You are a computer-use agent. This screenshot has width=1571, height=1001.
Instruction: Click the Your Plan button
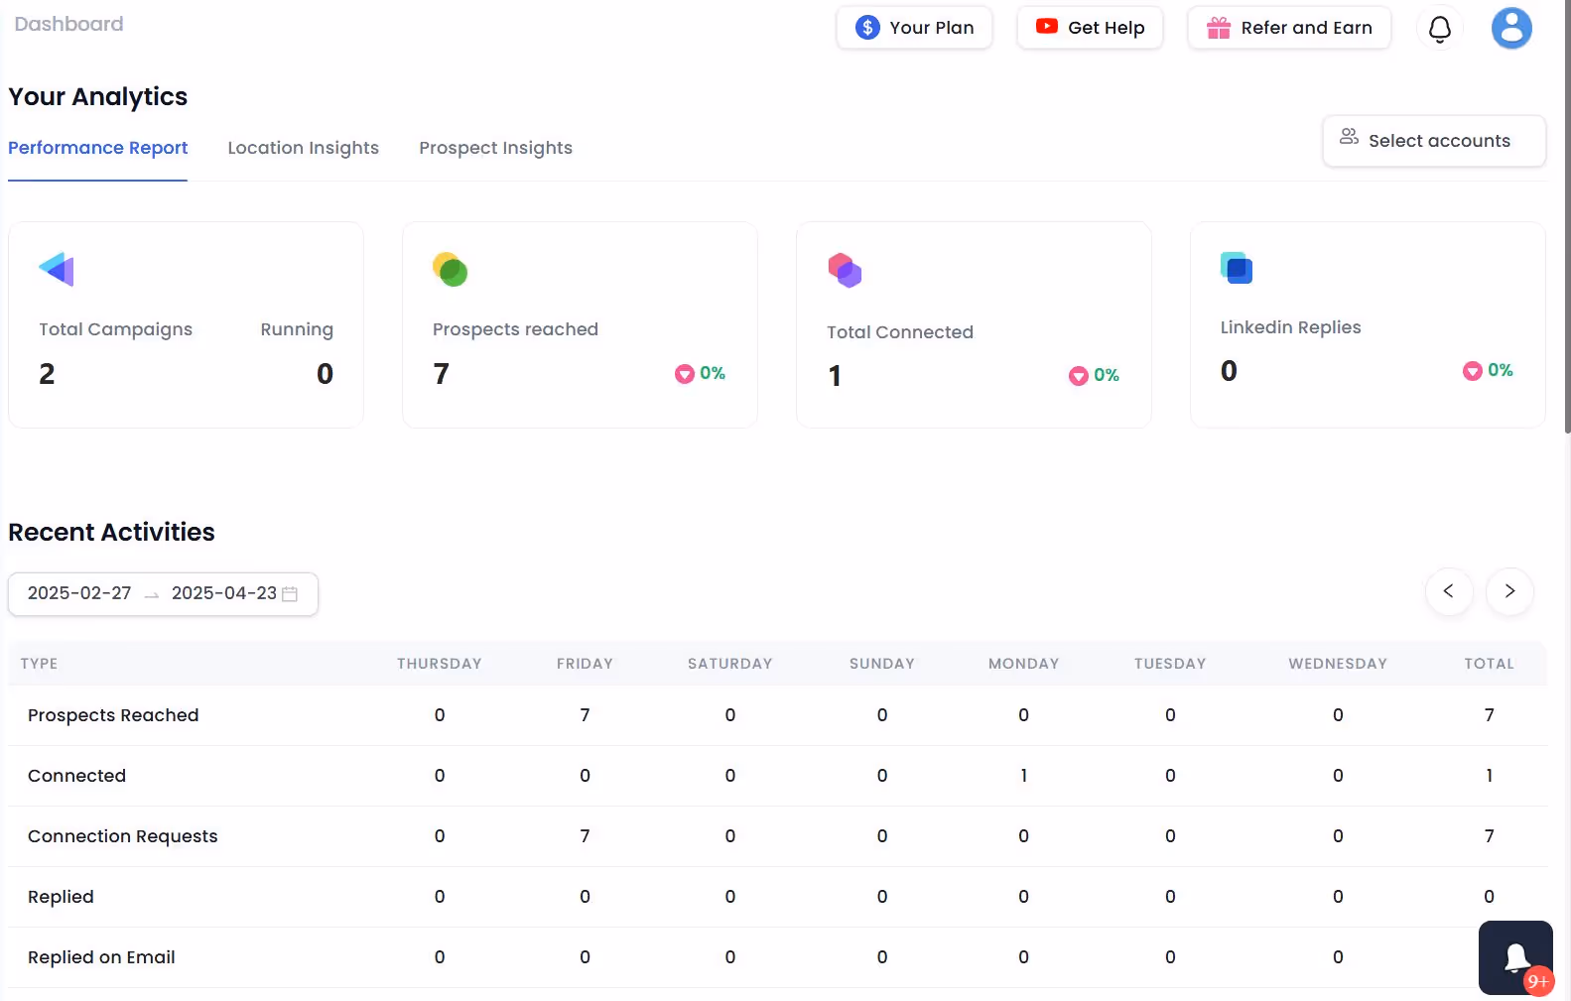tap(914, 28)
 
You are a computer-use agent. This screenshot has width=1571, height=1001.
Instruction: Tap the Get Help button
tap(1090, 28)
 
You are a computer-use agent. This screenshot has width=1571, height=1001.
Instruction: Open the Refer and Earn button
tap(1289, 28)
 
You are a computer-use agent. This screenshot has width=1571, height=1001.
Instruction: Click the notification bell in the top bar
tap(1439, 29)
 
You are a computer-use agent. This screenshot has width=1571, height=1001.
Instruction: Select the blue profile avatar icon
tap(1510, 28)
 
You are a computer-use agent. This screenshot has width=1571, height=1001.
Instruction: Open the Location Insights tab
tap(303, 148)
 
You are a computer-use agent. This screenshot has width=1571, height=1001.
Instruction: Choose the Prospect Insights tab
tap(495, 148)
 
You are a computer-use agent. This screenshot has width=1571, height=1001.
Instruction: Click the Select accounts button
tap(1434, 141)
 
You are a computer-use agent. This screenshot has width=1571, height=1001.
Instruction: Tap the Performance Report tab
tap(97, 148)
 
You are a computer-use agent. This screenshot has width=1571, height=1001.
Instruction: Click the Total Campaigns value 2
tap(47, 374)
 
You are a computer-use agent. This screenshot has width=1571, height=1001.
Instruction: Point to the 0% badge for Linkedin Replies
tap(1488, 370)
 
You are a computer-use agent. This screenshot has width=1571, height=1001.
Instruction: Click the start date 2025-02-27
tap(79, 593)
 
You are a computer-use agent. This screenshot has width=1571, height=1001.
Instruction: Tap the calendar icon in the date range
tap(290, 594)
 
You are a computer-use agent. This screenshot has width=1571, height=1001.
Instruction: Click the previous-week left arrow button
tap(1448, 591)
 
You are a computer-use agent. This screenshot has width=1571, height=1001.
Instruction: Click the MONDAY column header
tap(1023, 664)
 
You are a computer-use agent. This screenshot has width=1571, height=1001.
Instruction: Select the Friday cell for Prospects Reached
tap(585, 715)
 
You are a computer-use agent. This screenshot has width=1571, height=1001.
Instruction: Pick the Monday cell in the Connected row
tap(1023, 776)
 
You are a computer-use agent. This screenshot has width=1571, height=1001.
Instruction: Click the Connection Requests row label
tap(122, 836)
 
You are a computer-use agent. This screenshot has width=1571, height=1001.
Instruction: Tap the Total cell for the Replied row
tap(1489, 897)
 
